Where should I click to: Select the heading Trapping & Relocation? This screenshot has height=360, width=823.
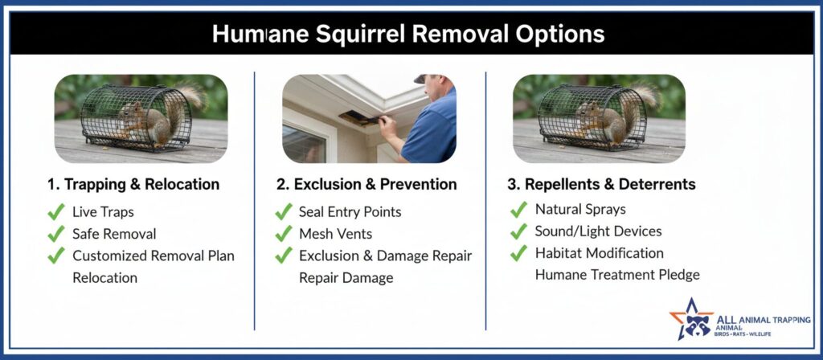click(133, 184)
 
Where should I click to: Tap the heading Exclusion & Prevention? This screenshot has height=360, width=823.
click(366, 184)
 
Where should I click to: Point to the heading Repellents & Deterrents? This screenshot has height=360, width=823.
click(601, 184)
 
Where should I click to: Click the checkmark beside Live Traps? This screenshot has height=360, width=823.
click(56, 212)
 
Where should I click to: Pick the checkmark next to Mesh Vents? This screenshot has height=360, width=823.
click(284, 234)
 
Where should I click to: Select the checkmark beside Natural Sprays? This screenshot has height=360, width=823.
click(518, 210)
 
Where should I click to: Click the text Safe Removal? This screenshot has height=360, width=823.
click(114, 234)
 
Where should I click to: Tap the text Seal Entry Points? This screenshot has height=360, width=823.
click(350, 212)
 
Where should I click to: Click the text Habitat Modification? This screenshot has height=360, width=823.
click(600, 253)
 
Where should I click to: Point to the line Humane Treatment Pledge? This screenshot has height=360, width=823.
click(617, 275)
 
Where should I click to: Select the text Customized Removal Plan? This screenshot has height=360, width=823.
click(154, 256)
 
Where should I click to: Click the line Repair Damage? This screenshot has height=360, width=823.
click(346, 277)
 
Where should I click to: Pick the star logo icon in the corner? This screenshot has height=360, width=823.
click(691, 320)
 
